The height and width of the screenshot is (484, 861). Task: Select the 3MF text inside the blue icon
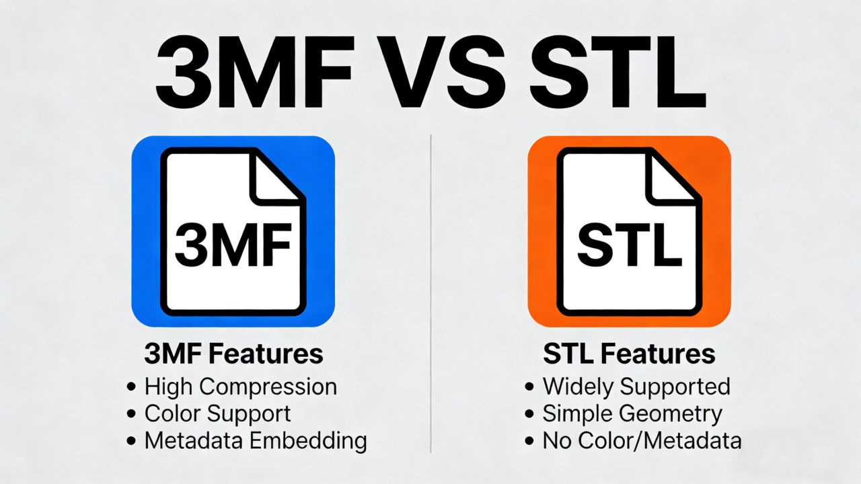(233, 246)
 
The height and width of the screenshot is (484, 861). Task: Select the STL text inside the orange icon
(629, 246)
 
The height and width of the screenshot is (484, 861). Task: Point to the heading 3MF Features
(233, 354)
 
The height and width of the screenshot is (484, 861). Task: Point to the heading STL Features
(628, 354)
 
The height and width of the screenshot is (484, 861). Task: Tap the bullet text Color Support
(217, 413)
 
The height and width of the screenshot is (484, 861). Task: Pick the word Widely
(578, 387)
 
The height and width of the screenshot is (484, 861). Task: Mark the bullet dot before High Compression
(131, 387)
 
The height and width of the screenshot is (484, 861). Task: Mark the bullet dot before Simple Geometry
(530, 414)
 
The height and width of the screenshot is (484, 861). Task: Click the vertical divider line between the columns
(430, 289)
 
